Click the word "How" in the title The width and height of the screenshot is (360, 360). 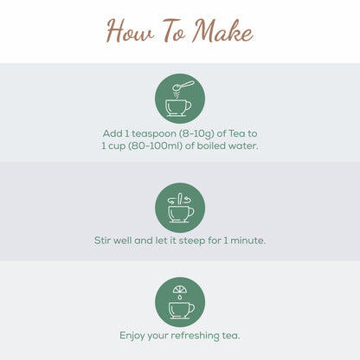pyautogui.click(x=130, y=30)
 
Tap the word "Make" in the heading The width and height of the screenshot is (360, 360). pyautogui.click(x=222, y=30)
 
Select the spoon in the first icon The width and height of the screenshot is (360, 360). pyautogui.click(x=183, y=86)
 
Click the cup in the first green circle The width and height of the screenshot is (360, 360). pyautogui.click(x=178, y=108)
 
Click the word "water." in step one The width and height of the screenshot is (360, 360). pyautogui.click(x=243, y=146)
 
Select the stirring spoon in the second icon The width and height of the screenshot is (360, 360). pyautogui.click(x=180, y=199)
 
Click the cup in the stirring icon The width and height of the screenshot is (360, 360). pyautogui.click(x=181, y=214)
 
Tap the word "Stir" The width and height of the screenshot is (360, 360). pyautogui.click(x=102, y=241)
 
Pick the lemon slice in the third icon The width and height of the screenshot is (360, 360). pyautogui.click(x=180, y=289)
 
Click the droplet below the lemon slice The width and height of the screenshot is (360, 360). pyautogui.click(x=180, y=297)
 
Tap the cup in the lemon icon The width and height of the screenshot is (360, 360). pyautogui.click(x=182, y=310)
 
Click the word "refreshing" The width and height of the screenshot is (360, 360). pyautogui.click(x=196, y=336)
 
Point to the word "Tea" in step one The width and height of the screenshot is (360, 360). pyautogui.click(x=237, y=133)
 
